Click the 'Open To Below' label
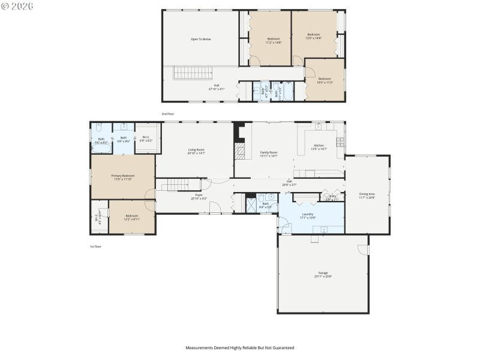(201, 39)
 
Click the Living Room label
(196, 151)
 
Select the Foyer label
(199, 196)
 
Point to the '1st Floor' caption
(95, 247)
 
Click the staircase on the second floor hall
(193, 74)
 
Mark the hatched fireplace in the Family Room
(240, 150)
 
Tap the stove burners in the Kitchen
(340, 142)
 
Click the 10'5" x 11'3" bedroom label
(325, 80)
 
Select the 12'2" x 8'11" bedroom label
(131, 217)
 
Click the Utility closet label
(332, 197)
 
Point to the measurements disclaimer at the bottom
(239, 347)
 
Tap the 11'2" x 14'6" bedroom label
(273, 40)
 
